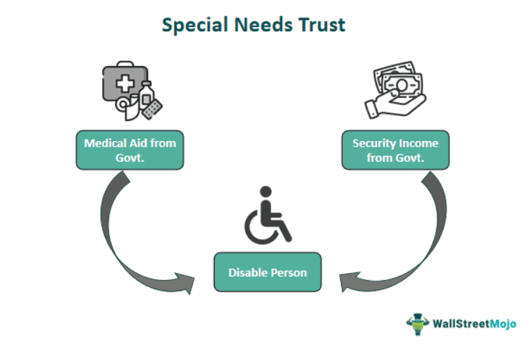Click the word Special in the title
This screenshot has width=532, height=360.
[194, 26]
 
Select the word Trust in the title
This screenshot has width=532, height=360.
[322, 25]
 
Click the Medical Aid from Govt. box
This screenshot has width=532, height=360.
[130, 150]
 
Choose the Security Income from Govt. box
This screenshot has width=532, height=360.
[396, 150]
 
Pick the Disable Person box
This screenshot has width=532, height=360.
[267, 272]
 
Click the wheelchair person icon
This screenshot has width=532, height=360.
[267, 215]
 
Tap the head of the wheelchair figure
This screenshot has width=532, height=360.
[266, 192]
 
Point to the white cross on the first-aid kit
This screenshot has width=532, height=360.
[125, 83]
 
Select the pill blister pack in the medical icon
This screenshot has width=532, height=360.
[153, 108]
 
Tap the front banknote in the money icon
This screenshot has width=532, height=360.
[402, 85]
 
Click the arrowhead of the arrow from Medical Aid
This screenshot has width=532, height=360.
[185, 283]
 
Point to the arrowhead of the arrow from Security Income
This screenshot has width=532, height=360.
[349, 282]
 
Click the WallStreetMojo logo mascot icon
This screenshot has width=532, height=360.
[417, 324]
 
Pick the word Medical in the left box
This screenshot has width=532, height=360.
[106, 143]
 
